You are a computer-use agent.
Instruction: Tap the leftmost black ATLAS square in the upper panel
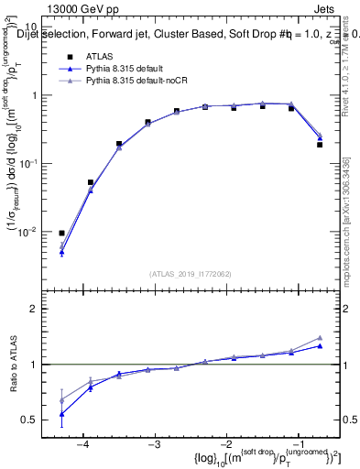point(61,234)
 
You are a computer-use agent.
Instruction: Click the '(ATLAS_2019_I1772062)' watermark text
point(191,273)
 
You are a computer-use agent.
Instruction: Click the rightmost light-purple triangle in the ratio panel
point(320,338)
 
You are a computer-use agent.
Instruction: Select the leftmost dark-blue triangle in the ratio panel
point(61,414)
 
